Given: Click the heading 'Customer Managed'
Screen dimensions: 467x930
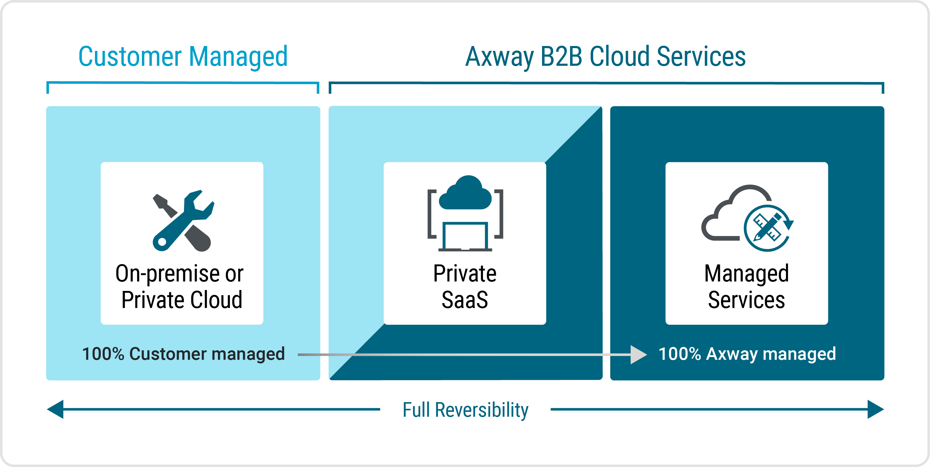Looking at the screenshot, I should tap(183, 57).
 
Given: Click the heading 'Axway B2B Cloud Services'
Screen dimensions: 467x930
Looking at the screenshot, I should tap(605, 57).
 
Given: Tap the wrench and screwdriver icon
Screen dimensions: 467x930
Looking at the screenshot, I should tap(183, 220).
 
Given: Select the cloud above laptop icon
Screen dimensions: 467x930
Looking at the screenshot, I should tap(465, 193).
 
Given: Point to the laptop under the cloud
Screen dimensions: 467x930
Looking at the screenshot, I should tap(465, 237).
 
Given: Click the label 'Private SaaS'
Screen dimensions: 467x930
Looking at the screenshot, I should tap(465, 286).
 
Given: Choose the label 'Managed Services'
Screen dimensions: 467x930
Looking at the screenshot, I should tap(747, 286).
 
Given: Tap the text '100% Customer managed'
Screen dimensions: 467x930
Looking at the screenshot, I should tap(183, 354).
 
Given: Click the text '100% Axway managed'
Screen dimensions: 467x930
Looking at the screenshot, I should tap(747, 354).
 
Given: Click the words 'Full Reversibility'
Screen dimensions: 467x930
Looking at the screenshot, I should tap(465, 410).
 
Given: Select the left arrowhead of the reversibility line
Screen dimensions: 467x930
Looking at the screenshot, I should tap(56, 409).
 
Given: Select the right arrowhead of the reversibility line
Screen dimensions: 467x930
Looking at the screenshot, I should tap(875, 409).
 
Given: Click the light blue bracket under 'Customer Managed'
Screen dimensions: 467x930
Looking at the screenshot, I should tap(183, 83).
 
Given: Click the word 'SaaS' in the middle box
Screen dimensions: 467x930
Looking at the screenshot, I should tap(465, 300).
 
